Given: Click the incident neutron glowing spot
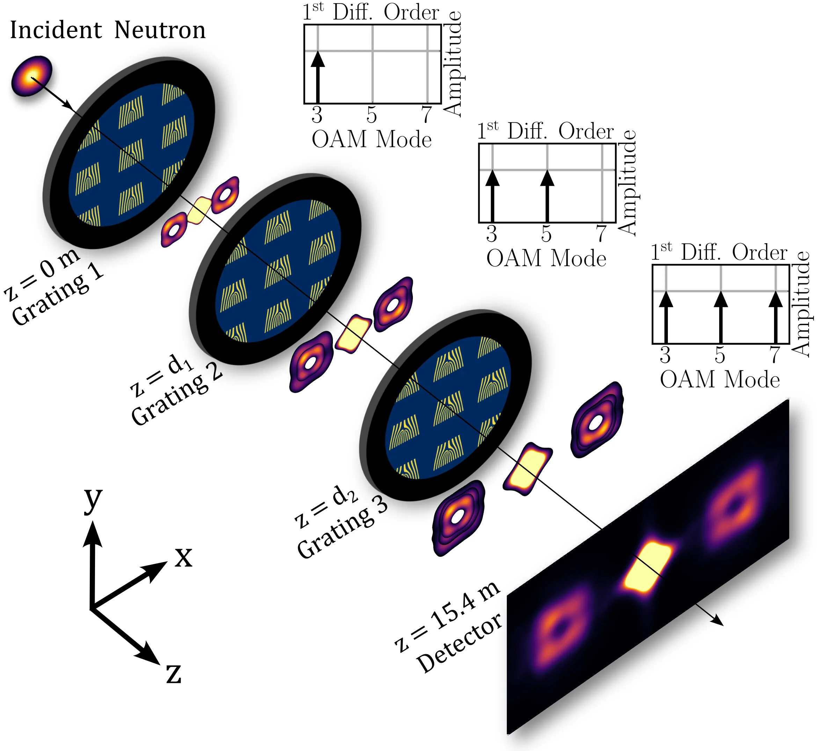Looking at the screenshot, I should [32, 76].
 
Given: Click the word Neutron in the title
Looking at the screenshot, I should [160, 30].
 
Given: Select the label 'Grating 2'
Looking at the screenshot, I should [177, 399].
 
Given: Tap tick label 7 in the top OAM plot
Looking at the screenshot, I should [426, 115].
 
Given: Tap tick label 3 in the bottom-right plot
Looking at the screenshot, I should [665, 355].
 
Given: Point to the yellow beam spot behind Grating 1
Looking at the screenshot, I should [199, 210].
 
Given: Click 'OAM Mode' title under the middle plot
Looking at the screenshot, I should [546, 258].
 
